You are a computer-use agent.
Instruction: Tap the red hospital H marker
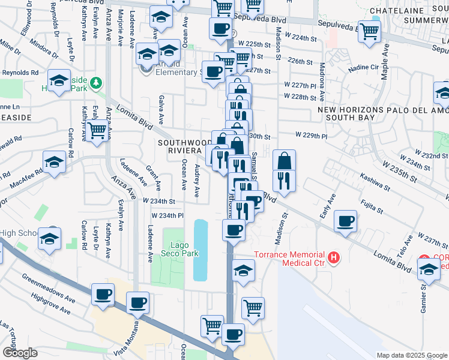tap(334, 259)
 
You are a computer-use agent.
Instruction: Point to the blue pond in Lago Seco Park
tap(200, 250)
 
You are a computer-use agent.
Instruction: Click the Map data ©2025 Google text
tap(412, 355)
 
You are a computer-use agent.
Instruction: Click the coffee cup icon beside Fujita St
tap(346, 221)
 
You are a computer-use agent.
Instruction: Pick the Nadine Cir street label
tap(369, 68)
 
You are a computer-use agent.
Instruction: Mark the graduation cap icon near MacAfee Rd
tap(55, 163)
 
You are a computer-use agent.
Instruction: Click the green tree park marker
tap(95, 82)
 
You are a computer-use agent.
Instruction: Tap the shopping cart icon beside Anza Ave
tap(97, 130)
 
